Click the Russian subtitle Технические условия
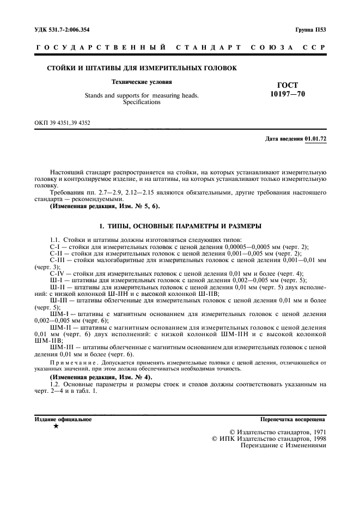pos(142,82)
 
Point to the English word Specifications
pos(142,102)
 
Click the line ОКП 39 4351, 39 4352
pos(63,123)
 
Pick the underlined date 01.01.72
pos(315,139)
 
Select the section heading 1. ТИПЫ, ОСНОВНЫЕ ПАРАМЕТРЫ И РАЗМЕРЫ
pos(180,226)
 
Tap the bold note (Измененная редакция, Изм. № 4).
pos(101,377)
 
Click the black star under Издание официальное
pos(56,426)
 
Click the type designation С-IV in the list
pos(57,274)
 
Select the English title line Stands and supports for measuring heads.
pos(142,95)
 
